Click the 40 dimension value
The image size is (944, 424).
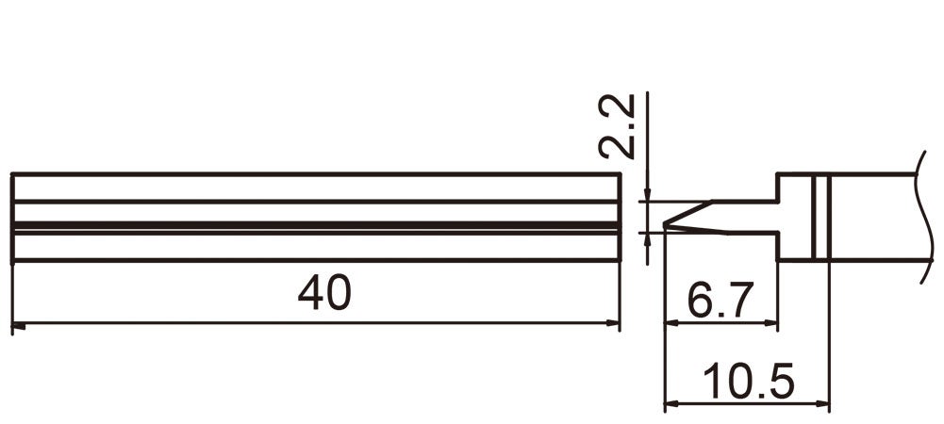[x=324, y=295]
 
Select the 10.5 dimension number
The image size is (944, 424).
[x=748, y=383]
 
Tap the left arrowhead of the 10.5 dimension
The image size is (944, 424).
[x=671, y=405]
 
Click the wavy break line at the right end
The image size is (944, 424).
[x=919, y=217]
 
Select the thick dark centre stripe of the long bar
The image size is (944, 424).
[x=316, y=227]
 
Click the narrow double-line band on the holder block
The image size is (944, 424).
[x=820, y=217]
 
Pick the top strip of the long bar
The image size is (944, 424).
[x=316, y=188]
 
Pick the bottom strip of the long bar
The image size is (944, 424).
[x=316, y=247]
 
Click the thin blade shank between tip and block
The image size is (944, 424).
[x=745, y=217]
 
